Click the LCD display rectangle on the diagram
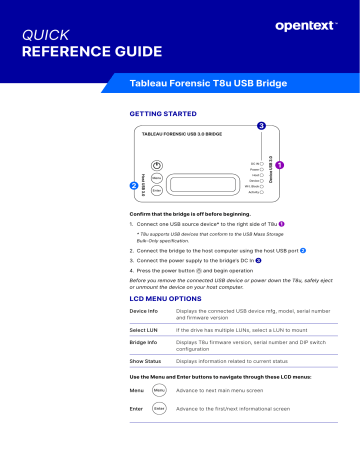[x=208, y=177]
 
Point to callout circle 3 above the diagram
[x=261, y=126]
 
